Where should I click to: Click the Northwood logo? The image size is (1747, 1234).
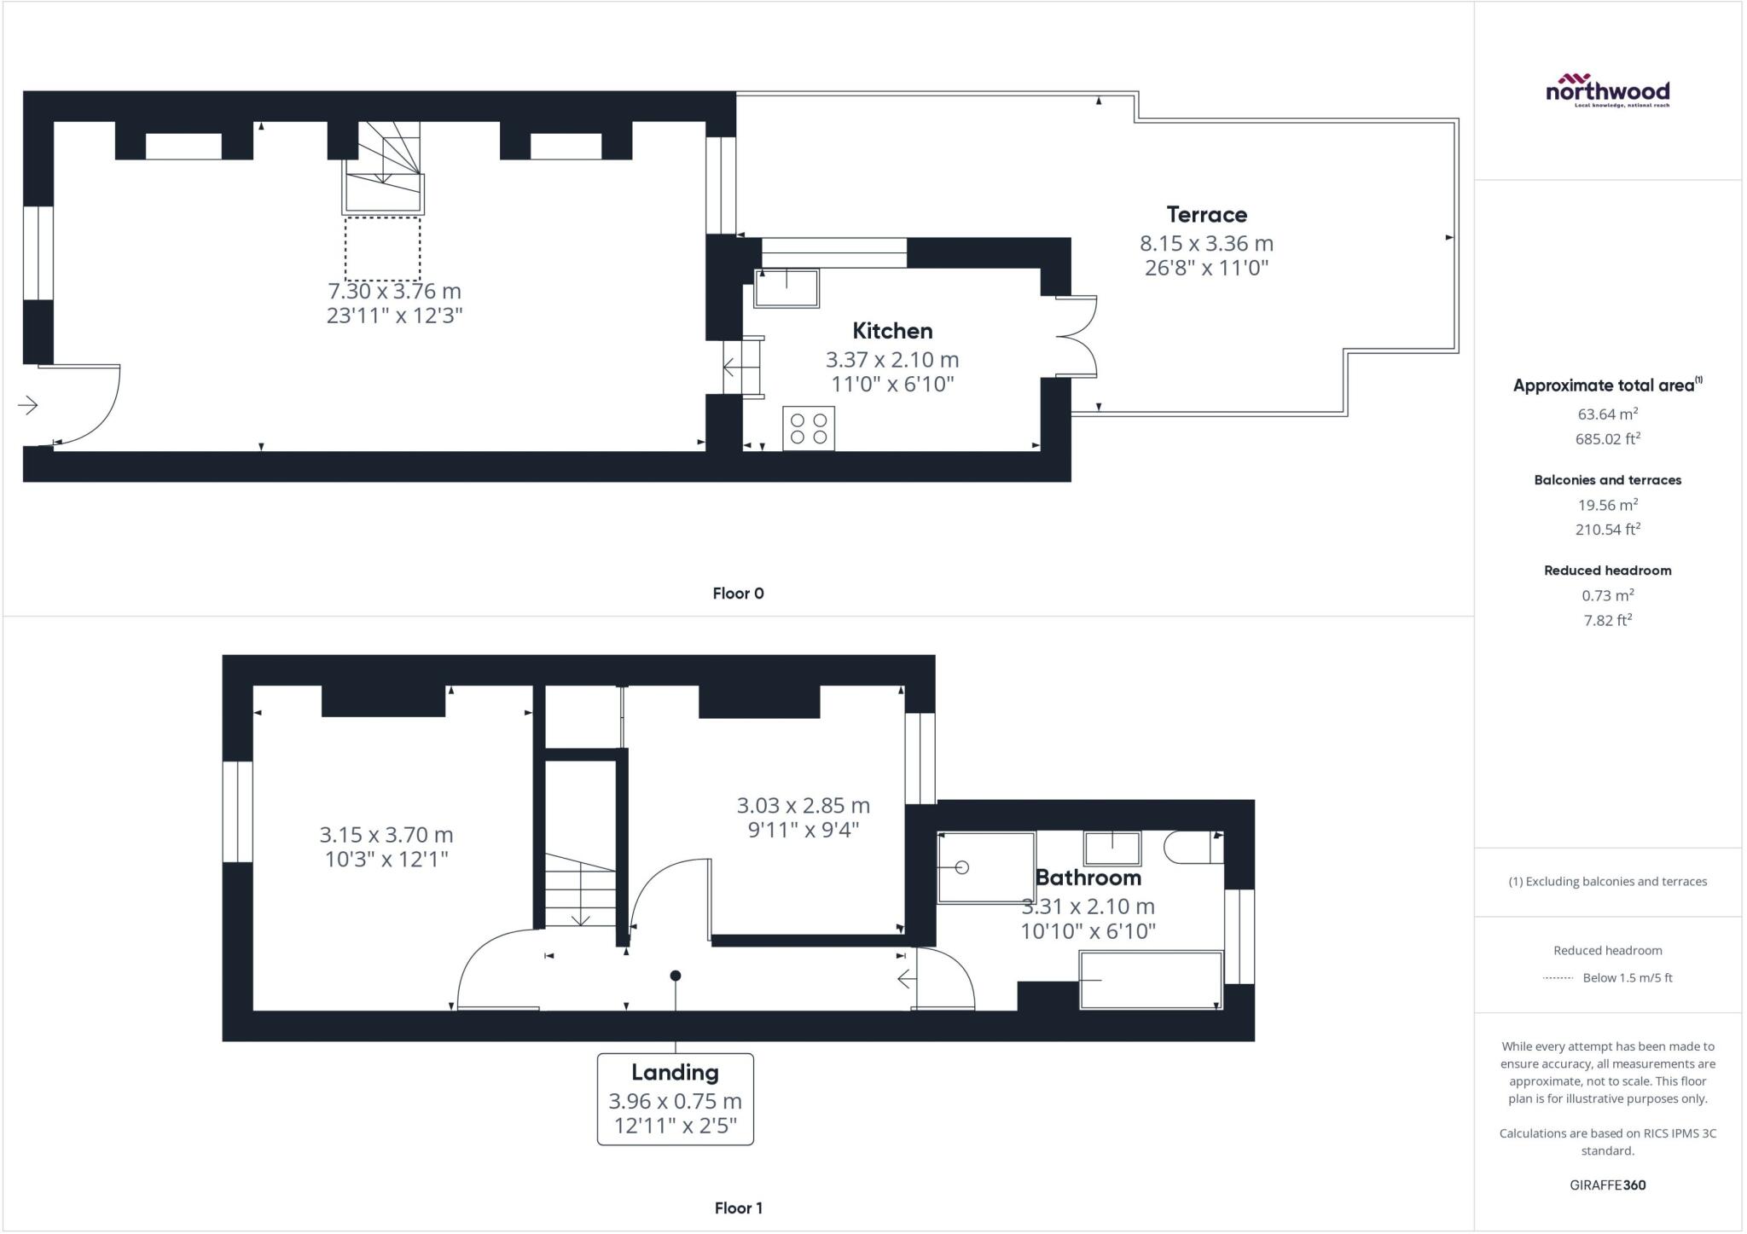pyautogui.click(x=1607, y=90)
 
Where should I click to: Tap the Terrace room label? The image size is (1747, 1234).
pyautogui.click(x=1206, y=214)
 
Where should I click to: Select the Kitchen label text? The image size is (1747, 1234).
pyautogui.click(x=892, y=331)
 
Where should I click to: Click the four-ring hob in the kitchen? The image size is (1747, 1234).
pyautogui.click(x=809, y=428)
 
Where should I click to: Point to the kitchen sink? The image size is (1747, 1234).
pyautogui.click(x=786, y=288)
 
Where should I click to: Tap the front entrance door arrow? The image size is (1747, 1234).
pyautogui.click(x=28, y=405)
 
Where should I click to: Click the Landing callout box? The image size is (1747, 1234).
pyautogui.click(x=676, y=1099)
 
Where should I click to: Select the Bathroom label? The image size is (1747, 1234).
pyautogui.click(x=1088, y=878)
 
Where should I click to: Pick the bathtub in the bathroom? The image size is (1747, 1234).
pyautogui.click(x=1151, y=981)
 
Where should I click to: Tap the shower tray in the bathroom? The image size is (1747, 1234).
pyautogui.click(x=986, y=867)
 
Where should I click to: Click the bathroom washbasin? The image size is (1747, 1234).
pyautogui.click(x=1112, y=849)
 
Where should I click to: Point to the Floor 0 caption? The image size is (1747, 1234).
pyautogui.click(x=739, y=594)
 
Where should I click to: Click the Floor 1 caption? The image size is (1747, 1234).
pyautogui.click(x=739, y=1208)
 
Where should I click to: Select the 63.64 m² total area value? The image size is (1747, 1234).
pyautogui.click(x=1608, y=414)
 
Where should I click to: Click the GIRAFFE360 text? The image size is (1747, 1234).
pyautogui.click(x=1608, y=1185)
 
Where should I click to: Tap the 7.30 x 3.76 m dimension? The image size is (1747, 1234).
pyautogui.click(x=395, y=291)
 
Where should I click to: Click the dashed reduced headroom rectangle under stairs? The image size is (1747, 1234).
pyautogui.click(x=383, y=249)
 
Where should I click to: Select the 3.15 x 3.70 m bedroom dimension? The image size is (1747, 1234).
pyautogui.click(x=386, y=834)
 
